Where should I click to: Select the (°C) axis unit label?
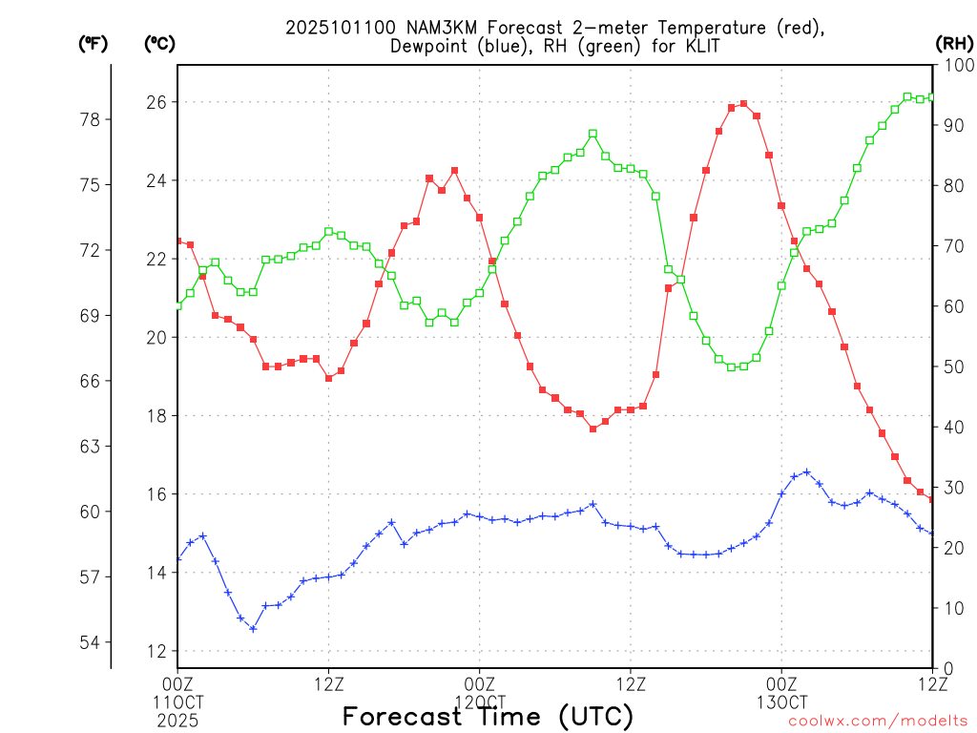pos(159,43)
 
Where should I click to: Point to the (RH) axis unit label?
pos(953,43)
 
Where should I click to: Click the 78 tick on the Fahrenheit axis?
pos(94,119)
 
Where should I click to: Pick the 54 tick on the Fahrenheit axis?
pos(94,642)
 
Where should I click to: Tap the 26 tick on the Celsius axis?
pos(156,102)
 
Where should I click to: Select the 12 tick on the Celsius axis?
pos(156,651)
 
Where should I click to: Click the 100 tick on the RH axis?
pos(955,65)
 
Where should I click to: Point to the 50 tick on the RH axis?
pos(951,366)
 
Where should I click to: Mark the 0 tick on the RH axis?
pos(946,668)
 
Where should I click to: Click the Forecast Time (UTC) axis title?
pos(488,716)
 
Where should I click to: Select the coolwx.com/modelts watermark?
pos(878,721)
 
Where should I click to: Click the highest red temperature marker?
pos(743,104)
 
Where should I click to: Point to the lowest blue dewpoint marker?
pos(253,628)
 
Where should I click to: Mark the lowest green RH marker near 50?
pos(732,366)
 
